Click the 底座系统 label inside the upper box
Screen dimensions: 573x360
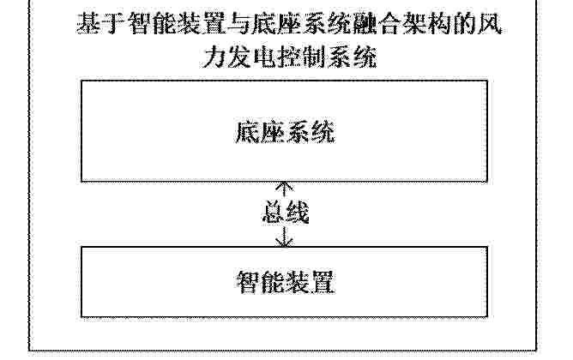coord(285,132)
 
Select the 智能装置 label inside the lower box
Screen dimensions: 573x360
coord(286,282)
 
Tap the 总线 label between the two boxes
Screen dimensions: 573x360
coord(286,212)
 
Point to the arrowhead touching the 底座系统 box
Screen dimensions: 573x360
coord(284,186)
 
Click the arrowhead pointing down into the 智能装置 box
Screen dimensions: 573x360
coord(284,242)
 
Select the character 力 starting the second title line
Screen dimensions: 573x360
coord(214,57)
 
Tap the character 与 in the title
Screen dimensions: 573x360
coord(235,24)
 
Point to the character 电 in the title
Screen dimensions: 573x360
coord(264,57)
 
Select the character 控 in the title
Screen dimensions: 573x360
coord(289,57)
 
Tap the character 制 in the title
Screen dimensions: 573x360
coord(314,57)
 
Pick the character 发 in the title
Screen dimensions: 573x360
coord(239,57)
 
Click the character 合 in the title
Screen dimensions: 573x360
coord(387,24)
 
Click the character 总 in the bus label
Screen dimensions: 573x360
coord(274,212)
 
